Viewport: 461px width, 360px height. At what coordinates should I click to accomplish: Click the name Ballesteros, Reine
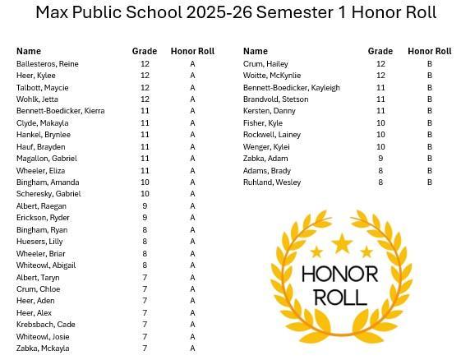click(x=47, y=63)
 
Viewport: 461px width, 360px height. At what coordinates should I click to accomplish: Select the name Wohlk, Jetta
click(x=36, y=99)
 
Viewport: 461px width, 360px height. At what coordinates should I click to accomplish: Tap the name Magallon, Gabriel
click(x=46, y=158)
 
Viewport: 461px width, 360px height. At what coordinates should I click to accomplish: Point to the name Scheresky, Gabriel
click(x=48, y=194)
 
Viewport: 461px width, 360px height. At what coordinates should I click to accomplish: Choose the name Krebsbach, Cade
click(x=45, y=324)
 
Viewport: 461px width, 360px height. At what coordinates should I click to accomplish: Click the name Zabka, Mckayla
click(x=43, y=348)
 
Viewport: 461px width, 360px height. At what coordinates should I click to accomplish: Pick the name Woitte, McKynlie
click(x=272, y=76)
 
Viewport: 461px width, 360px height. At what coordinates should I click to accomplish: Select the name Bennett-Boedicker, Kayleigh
click(x=291, y=87)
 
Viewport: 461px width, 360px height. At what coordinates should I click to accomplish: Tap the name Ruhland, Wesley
click(x=272, y=182)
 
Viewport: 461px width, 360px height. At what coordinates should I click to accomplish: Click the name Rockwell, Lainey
click(x=272, y=135)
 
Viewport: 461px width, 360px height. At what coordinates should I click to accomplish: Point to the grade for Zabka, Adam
click(x=380, y=158)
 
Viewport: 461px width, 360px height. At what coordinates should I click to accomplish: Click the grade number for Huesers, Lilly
click(x=145, y=242)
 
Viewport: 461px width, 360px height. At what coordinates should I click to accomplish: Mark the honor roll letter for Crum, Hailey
click(x=429, y=63)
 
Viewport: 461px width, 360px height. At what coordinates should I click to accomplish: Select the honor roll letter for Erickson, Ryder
click(x=192, y=218)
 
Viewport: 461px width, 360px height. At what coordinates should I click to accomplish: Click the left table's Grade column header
click(x=145, y=51)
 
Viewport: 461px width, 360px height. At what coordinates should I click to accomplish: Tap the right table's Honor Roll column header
click(x=429, y=51)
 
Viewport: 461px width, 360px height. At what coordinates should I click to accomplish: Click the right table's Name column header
click(x=256, y=51)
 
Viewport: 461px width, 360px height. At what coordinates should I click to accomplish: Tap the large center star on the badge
click(x=341, y=243)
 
